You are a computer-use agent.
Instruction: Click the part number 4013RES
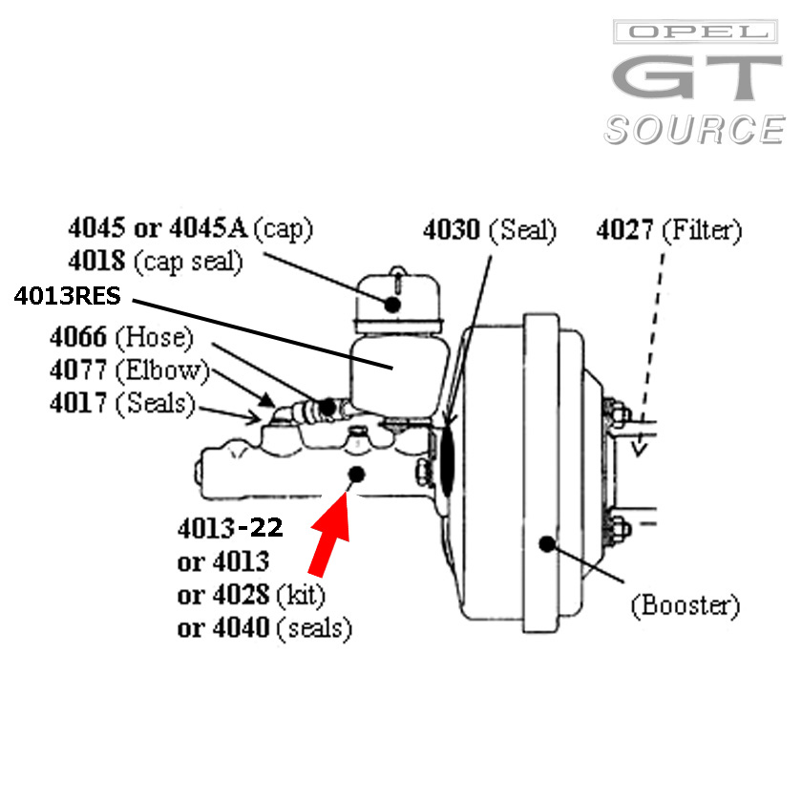coord(67,297)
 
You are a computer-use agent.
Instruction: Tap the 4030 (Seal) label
coord(490,230)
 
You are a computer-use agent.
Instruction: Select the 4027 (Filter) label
coord(668,230)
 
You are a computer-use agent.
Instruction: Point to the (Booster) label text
coord(685,604)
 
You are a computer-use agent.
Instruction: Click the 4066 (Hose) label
coord(121,337)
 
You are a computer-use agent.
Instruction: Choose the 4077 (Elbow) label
coord(129,370)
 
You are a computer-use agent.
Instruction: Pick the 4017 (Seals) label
coord(122,404)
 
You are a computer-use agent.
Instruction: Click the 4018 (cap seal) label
coord(155,261)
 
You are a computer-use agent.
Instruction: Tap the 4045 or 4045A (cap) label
coord(190,228)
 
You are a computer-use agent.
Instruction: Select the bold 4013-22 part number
coord(230,528)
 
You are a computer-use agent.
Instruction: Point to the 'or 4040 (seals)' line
coord(264,628)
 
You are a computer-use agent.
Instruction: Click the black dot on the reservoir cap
coord(392,305)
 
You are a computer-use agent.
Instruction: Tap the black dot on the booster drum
coord(547,544)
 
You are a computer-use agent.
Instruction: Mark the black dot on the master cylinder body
coord(357,475)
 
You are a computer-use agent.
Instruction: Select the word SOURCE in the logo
coord(693,129)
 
